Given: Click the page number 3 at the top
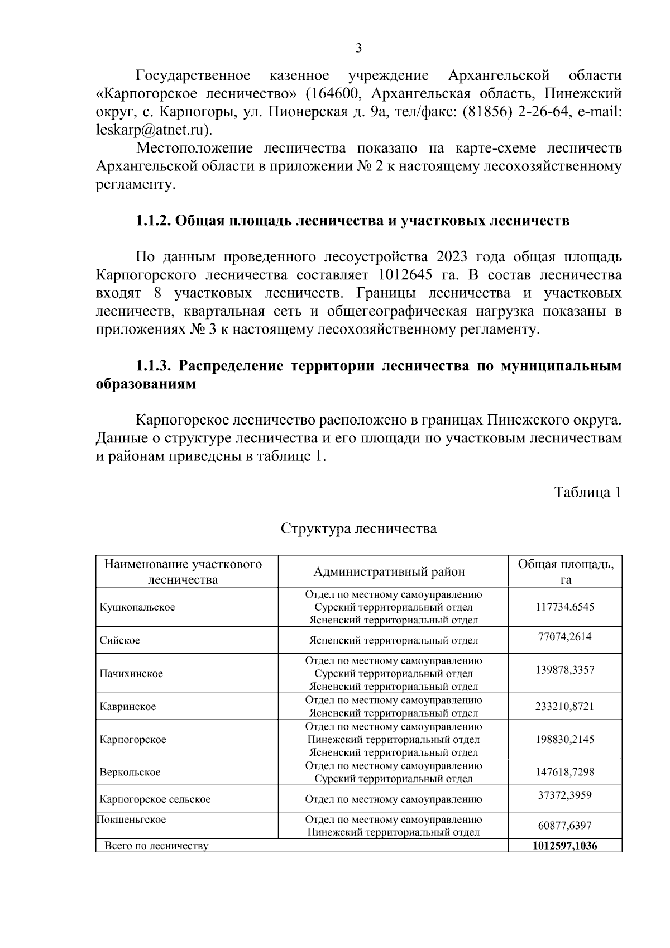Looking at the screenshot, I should click(x=358, y=48).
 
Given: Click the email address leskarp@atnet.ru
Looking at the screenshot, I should click(x=153, y=130).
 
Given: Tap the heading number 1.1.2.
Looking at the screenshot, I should click(x=153, y=221).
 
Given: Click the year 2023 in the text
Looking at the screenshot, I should click(x=453, y=257).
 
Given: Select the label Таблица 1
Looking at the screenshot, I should click(x=587, y=492).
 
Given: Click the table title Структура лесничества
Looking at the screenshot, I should click(x=358, y=528).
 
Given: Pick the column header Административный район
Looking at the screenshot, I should click(x=389, y=571).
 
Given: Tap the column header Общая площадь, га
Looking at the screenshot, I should click(x=565, y=571).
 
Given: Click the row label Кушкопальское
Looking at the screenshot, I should click(x=137, y=607).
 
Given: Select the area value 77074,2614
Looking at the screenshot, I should click(x=564, y=637).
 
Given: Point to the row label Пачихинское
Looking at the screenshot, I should click(x=131, y=674).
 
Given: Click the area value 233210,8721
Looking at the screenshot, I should click(x=564, y=707).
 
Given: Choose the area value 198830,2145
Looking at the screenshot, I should click(x=564, y=740).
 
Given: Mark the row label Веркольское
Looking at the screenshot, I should click(x=130, y=773).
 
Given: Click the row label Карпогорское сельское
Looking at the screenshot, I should click(x=155, y=799).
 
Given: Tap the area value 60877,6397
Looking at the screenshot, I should click(x=564, y=826).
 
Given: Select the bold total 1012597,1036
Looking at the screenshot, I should click(x=564, y=846).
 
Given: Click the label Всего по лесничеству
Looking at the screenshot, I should click(x=156, y=846).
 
